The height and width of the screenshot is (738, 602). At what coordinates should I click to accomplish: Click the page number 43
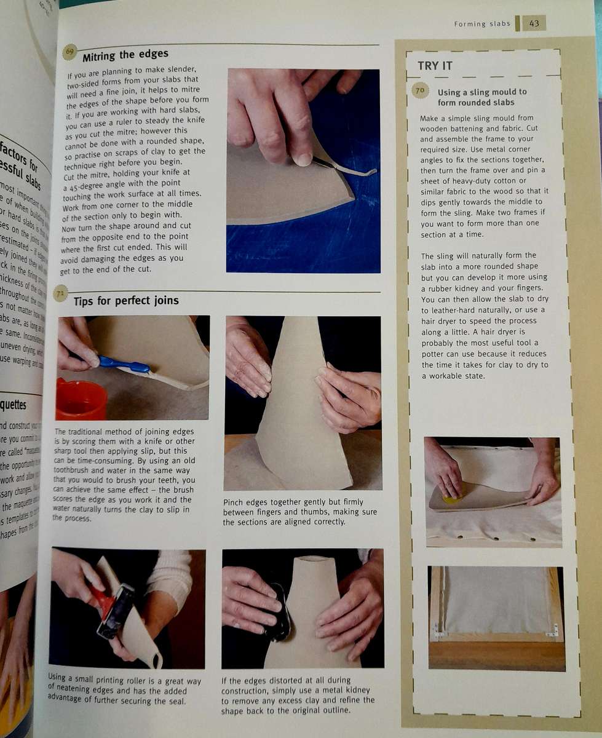[534, 23]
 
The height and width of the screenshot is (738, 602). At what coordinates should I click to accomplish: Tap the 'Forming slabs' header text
[482, 24]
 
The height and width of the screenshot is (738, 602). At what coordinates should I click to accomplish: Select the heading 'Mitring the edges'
[125, 54]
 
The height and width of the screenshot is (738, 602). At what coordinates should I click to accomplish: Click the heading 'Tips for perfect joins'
[126, 301]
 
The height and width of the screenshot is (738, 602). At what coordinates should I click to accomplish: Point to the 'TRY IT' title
[435, 66]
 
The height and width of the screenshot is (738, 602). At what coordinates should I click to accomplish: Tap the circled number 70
[420, 91]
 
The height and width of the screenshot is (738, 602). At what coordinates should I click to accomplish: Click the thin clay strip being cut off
[351, 169]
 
